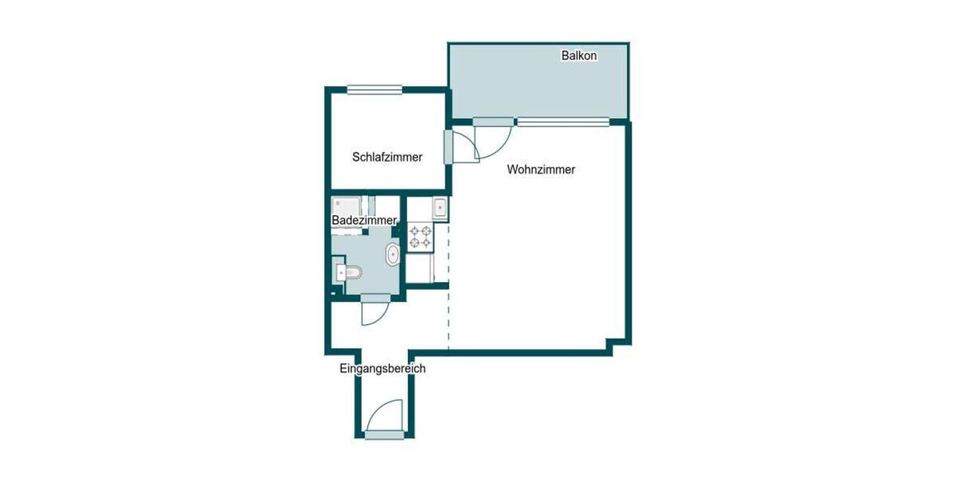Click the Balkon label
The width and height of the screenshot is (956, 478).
pyautogui.click(x=579, y=56)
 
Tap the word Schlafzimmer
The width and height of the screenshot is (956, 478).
pyautogui.click(x=387, y=157)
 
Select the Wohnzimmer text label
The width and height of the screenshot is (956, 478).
pyautogui.click(x=541, y=170)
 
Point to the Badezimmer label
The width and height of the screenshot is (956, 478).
pyautogui.click(x=363, y=220)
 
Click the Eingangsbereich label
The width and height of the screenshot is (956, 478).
pyautogui.click(x=382, y=369)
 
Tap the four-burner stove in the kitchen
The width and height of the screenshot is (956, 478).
pyautogui.click(x=421, y=237)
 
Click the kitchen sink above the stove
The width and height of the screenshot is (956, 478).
pyautogui.click(x=439, y=208)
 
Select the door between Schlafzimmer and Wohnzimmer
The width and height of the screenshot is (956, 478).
pyautogui.click(x=449, y=147)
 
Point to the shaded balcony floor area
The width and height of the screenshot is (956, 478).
pyautogui.click(x=538, y=84)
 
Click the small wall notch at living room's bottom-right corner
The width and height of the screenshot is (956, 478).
pyautogui.click(x=613, y=345)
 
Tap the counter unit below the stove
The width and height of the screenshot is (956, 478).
pyautogui.click(x=421, y=268)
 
